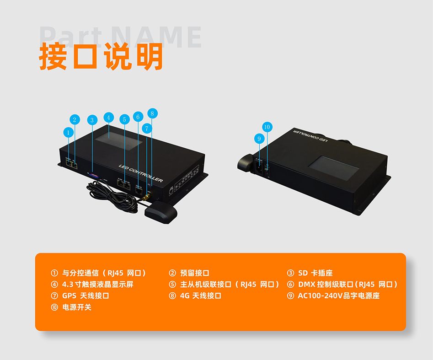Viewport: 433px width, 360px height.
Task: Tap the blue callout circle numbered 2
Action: tap(75, 120)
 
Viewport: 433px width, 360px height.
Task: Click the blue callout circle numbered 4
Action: tap(108, 117)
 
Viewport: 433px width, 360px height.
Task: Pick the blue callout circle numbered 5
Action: tap(123, 119)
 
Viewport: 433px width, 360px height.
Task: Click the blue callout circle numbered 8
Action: tap(153, 113)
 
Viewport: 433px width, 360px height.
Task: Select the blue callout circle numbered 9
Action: tap(259, 138)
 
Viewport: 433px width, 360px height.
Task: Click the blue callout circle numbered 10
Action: tap(267, 127)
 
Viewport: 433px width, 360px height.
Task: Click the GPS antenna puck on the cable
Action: tap(160, 213)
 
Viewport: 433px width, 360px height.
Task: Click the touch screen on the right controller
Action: tap(331, 166)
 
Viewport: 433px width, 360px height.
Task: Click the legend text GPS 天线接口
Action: tap(86, 296)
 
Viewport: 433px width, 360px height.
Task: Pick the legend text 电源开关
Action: tap(76, 307)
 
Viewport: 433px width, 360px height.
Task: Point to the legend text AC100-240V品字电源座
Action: tap(338, 296)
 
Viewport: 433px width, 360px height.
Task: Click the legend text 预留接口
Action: tap(194, 273)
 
